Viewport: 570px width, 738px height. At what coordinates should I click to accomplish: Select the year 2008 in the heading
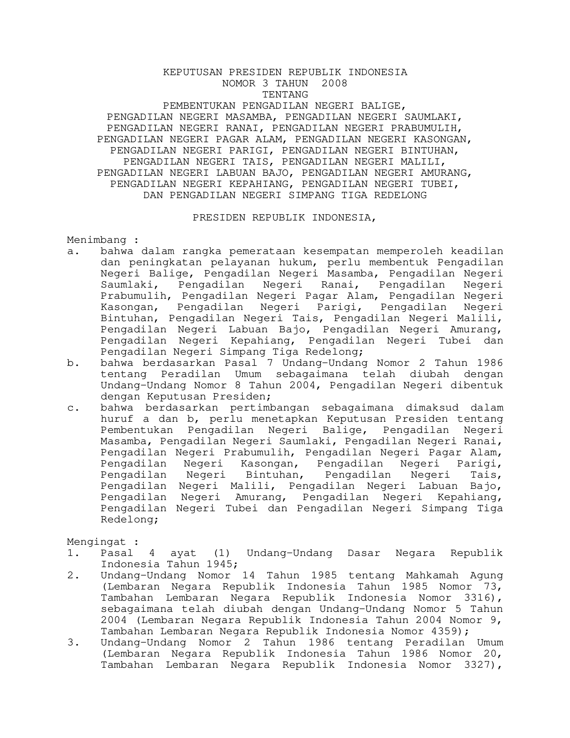pos(334,83)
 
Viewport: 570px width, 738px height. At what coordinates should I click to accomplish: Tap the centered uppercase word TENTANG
pos(285,94)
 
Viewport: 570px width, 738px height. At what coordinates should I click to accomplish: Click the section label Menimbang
pos(97,240)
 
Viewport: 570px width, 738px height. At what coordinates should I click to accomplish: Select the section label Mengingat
pos(97,542)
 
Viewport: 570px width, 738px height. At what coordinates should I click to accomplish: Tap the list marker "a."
pos(73,251)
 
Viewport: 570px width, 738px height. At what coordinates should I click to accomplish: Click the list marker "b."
pos(73,363)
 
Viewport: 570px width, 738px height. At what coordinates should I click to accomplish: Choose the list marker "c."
pos(73,408)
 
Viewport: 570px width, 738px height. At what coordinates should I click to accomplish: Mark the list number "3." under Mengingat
pos(73,643)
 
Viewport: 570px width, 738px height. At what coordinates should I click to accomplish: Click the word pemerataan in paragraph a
pos(262,251)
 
